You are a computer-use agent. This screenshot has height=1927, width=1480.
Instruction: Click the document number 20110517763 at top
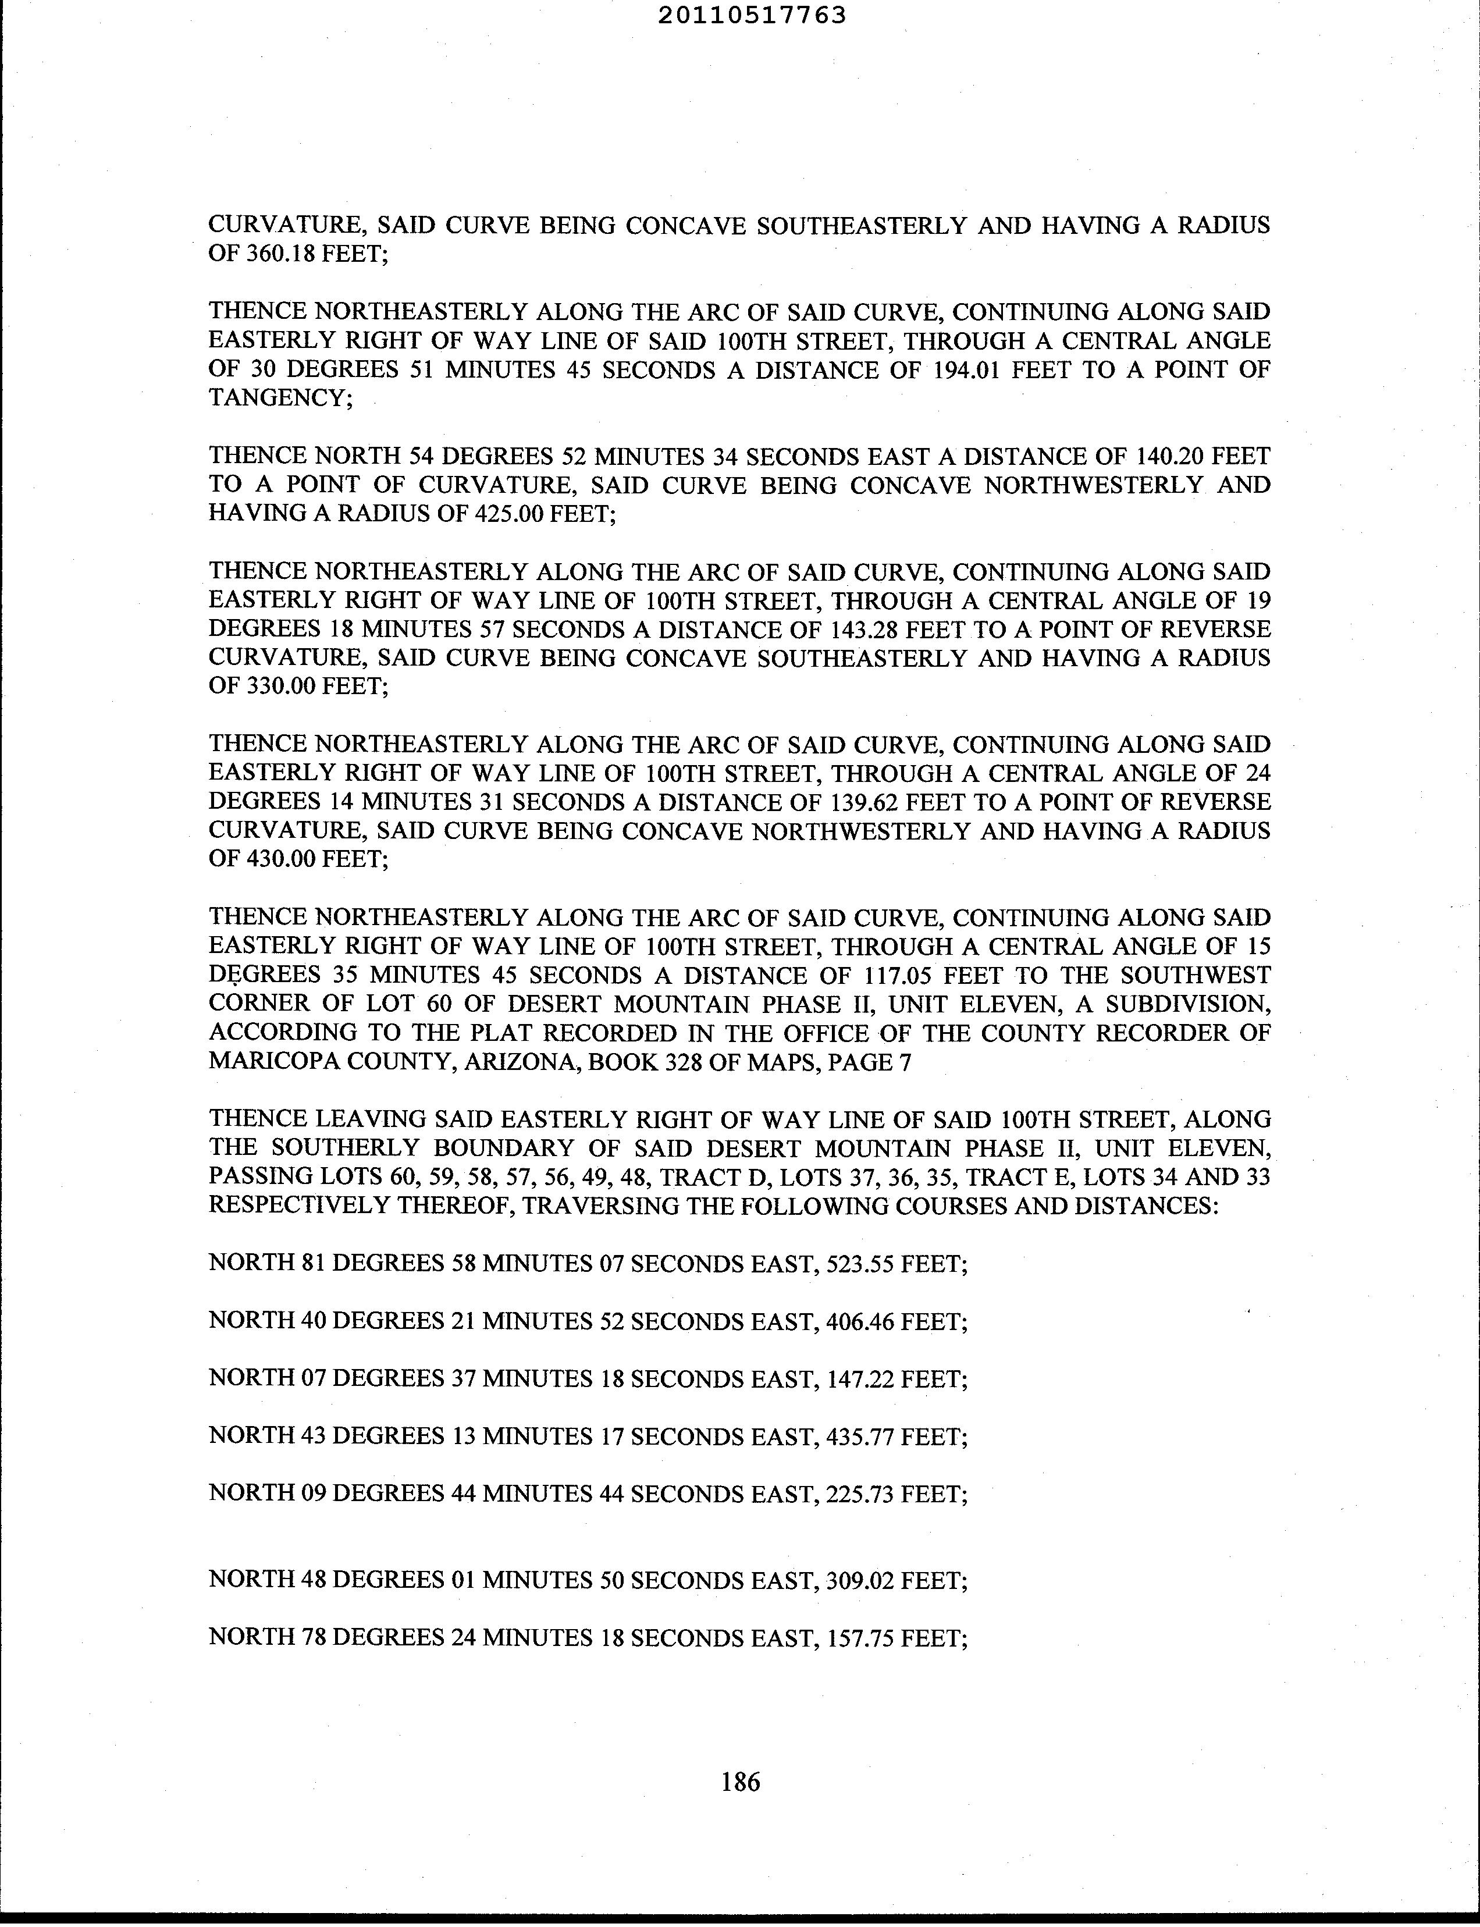pos(752,15)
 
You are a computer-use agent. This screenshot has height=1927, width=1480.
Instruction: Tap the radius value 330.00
pos(277,687)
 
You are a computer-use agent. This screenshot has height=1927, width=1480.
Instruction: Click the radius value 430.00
pos(277,859)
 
